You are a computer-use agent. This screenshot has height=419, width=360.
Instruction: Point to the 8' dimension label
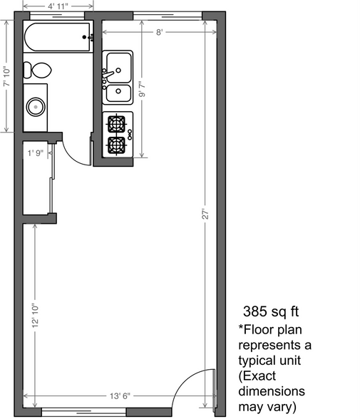(x=160, y=32)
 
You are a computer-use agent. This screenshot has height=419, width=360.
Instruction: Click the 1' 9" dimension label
(x=36, y=152)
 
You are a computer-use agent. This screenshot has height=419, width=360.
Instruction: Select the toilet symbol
(x=37, y=69)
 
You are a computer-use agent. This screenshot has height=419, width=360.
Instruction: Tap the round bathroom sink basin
(x=35, y=107)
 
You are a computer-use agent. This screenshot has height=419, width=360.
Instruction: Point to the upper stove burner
(x=116, y=123)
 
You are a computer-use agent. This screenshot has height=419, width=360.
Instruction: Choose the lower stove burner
(x=116, y=145)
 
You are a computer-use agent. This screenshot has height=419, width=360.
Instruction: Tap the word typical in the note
(x=262, y=361)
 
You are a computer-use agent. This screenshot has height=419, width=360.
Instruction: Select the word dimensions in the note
(x=271, y=392)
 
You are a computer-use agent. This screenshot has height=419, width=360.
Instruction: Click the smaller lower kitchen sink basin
(x=118, y=92)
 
